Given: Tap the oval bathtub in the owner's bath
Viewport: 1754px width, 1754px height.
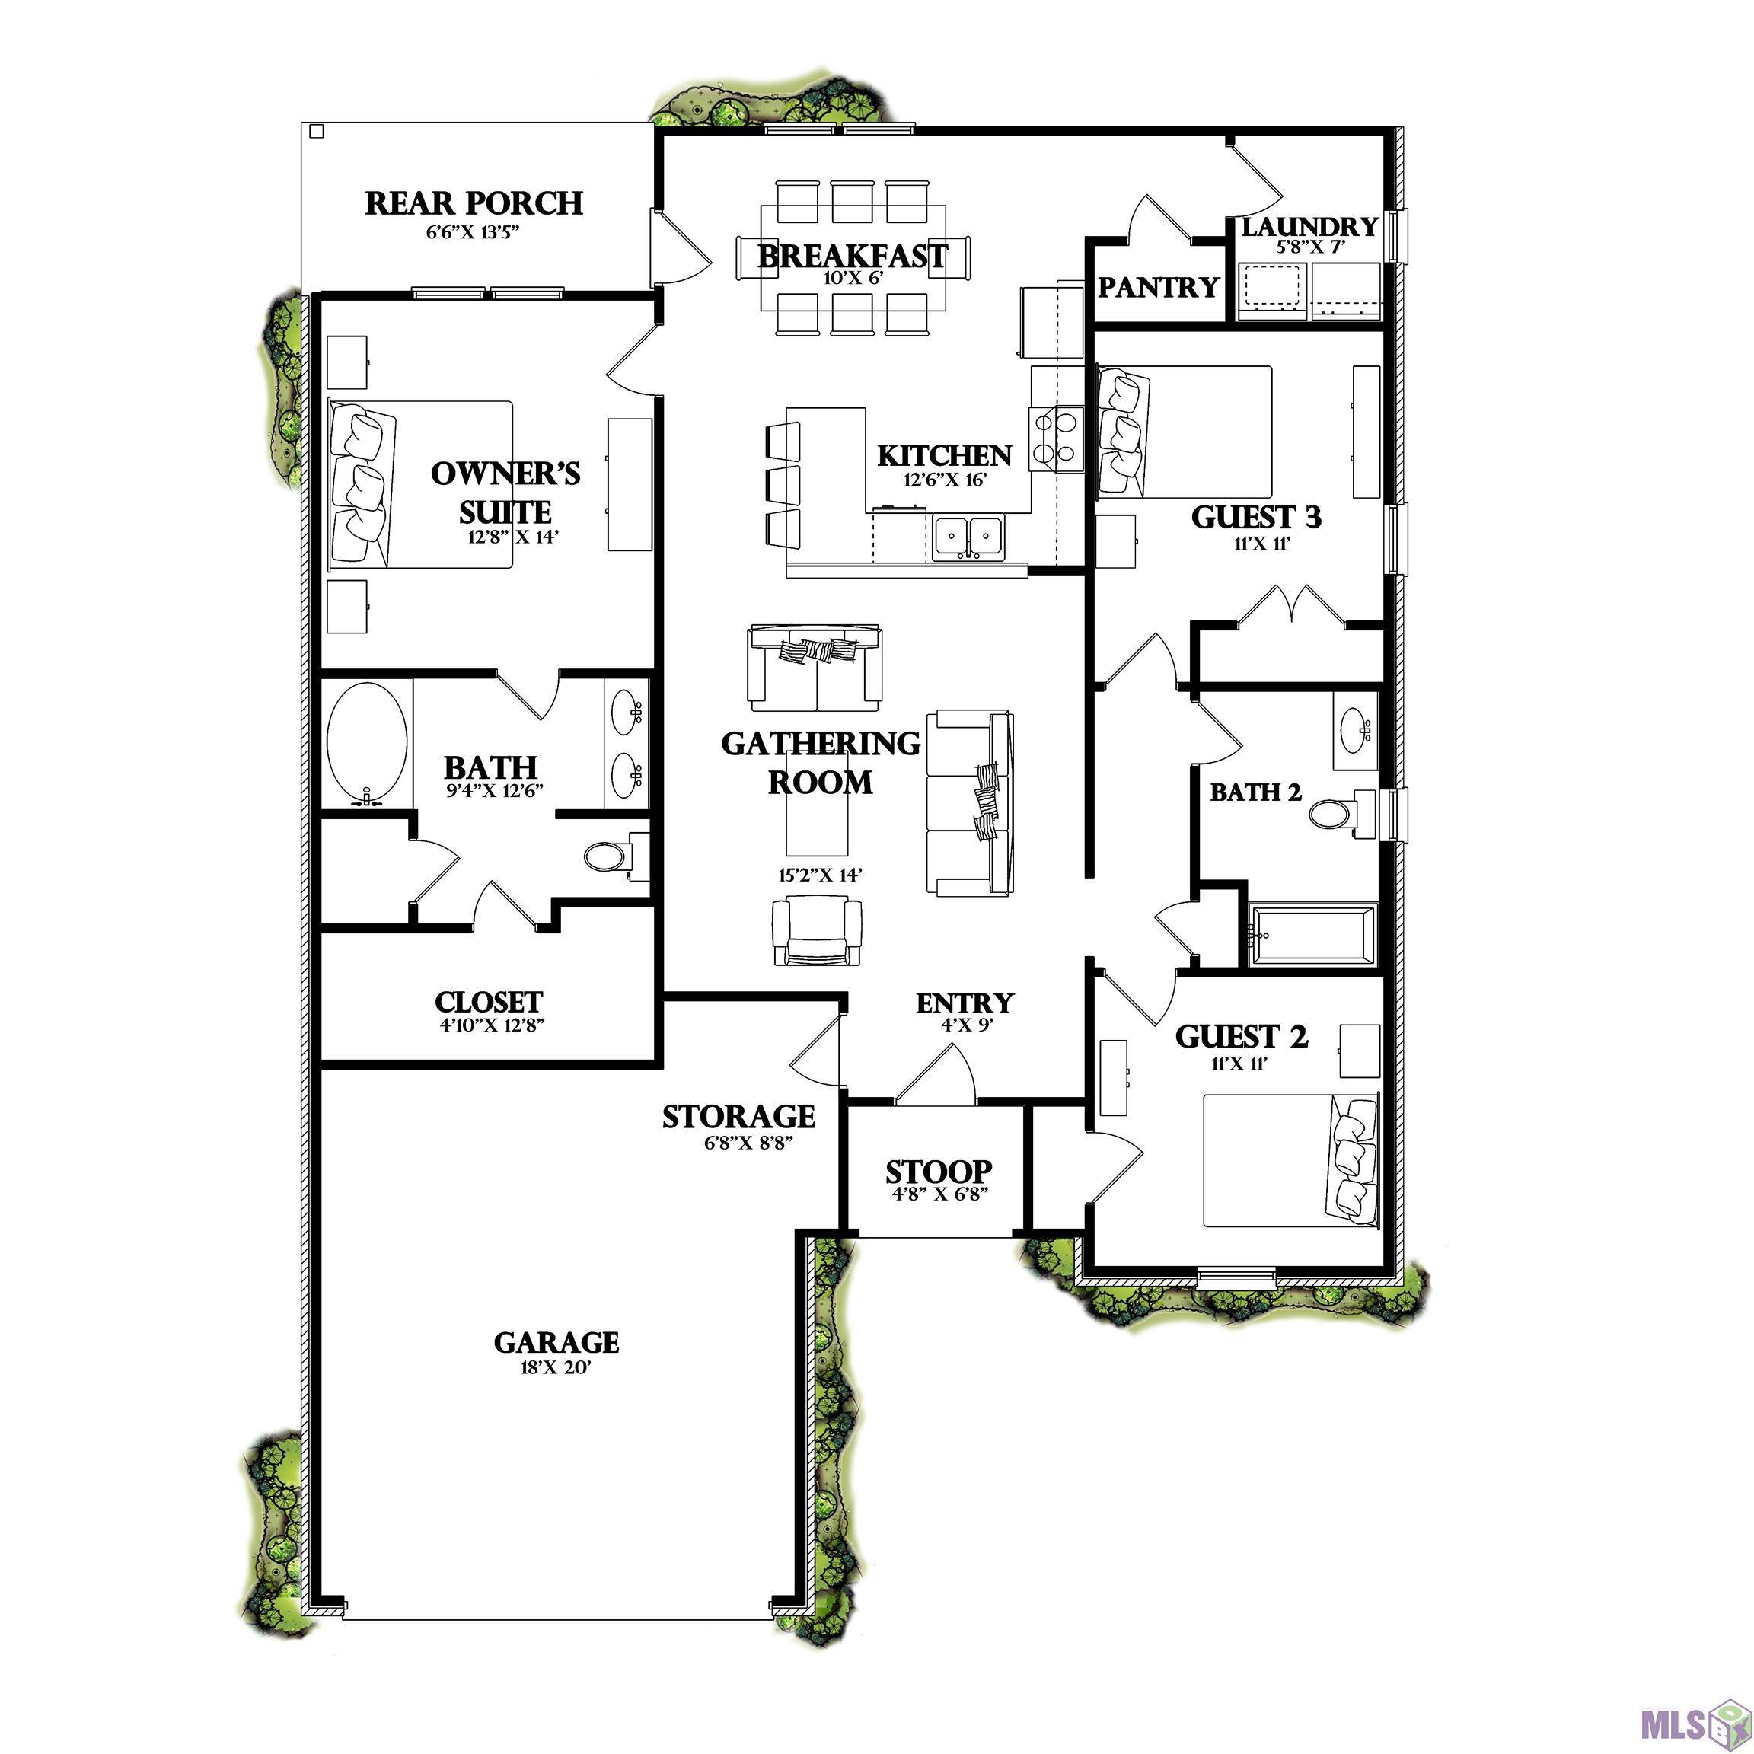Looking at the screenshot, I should pyautogui.click(x=367, y=745).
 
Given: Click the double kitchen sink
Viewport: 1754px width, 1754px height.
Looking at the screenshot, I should pyautogui.click(x=968, y=536).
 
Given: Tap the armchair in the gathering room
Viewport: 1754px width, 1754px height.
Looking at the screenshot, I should pyautogui.click(x=816, y=930).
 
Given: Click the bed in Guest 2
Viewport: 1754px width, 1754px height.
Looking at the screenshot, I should pyautogui.click(x=1289, y=1160).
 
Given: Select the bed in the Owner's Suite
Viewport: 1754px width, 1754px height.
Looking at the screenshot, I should pyautogui.click(x=420, y=484).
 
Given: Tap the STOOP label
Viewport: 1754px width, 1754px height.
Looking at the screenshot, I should pyautogui.click(x=939, y=1171).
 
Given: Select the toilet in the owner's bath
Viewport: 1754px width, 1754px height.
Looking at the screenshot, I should pyautogui.click(x=609, y=855).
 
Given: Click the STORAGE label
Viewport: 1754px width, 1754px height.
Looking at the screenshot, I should pyautogui.click(x=738, y=1116).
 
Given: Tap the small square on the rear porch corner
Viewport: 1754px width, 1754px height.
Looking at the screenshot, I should pyautogui.click(x=316, y=132).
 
